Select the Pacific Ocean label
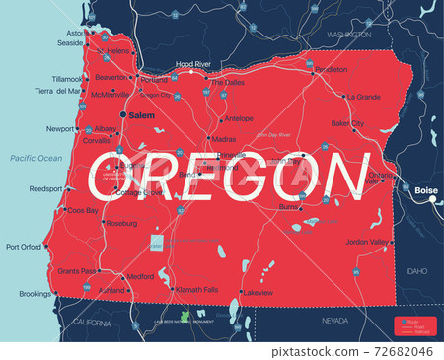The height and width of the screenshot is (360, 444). (36, 159)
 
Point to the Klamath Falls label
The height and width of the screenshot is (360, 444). (197, 289)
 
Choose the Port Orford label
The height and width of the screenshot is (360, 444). (24, 247)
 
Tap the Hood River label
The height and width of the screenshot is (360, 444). (193, 64)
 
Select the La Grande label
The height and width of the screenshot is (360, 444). (362, 97)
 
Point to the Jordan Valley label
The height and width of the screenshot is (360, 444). (367, 243)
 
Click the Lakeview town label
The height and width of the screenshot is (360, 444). (258, 293)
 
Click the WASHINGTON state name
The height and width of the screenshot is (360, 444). (348, 34)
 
